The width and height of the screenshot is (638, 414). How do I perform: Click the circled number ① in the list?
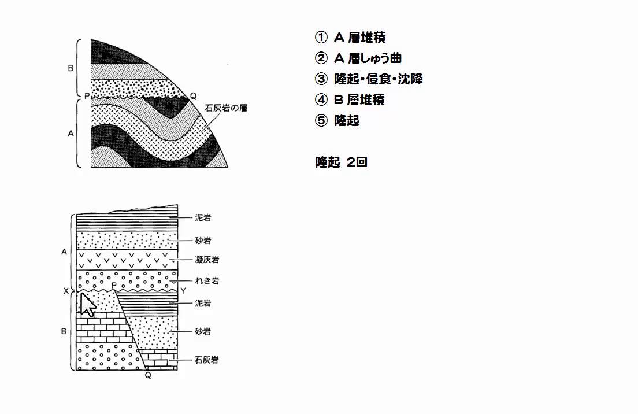click(321, 38)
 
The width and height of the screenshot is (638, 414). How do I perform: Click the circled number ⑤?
click(321, 121)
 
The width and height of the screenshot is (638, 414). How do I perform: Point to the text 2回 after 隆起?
click(357, 162)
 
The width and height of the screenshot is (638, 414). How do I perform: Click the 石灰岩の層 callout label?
click(226, 108)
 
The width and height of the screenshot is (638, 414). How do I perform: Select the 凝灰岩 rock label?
click(207, 260)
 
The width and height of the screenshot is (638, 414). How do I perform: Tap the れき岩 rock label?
click(207, 281)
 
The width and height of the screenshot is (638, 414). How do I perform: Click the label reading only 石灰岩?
click(206, 360)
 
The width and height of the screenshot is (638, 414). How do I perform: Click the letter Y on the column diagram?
click(183, 290)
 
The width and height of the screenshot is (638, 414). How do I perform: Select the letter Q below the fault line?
click(148, 375)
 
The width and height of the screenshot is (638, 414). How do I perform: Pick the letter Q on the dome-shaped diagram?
click(193, 95)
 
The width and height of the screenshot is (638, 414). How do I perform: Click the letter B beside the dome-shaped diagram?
click(71, 68)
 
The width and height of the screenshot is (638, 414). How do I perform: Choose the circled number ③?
click(321, 79)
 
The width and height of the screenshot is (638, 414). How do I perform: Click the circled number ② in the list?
click(321, 58)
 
